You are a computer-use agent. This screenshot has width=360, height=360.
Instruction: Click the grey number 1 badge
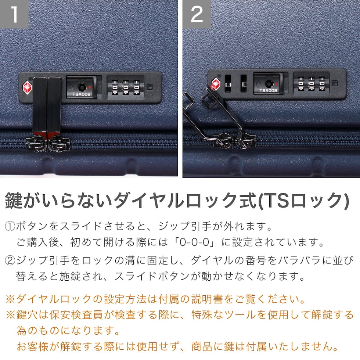coord(14,14)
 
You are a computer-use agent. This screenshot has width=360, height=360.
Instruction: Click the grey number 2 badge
coord(197,14)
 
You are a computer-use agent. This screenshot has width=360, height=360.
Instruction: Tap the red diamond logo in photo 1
coord(27,87)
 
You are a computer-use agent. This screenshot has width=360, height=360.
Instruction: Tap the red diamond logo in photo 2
coord(216,83)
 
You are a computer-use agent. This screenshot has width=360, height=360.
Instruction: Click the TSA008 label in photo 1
coord(82,94)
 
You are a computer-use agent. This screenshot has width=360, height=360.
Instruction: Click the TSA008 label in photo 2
coord(268,90)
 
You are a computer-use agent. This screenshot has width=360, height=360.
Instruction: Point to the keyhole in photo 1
coord(82,87)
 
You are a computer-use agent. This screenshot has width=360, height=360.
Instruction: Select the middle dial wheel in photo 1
coord(126,87)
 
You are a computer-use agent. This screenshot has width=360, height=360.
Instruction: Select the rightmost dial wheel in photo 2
coord(322,84)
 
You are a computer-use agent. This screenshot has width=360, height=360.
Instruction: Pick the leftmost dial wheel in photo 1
coord(115,87)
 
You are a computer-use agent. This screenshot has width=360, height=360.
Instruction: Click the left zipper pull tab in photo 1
coord(40,106)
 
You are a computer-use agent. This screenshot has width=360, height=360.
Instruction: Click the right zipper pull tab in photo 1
coord(54,106)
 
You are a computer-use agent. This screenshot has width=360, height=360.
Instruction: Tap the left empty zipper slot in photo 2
coord(228,84)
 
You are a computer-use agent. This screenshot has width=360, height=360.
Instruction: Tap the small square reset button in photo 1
coord(150,87)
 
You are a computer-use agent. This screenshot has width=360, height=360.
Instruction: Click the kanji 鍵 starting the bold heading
coord(14,201)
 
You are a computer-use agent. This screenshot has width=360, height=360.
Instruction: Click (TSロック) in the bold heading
coord(303,201)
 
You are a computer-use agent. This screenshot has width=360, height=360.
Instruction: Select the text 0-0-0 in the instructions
coord(194,242)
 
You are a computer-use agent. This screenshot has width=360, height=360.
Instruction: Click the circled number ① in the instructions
coord(10,226)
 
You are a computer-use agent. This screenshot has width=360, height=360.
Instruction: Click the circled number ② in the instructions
coord(10,260)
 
